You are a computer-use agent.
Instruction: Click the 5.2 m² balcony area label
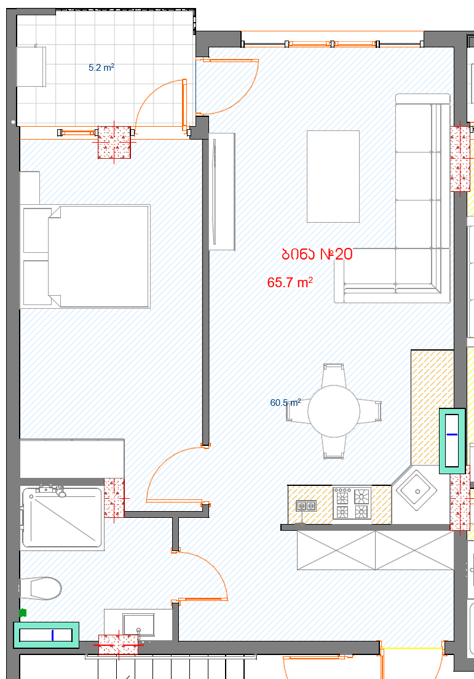point(101,68)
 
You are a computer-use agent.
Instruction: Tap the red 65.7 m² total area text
point(290,282)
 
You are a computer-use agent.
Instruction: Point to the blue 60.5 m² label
point(285,403)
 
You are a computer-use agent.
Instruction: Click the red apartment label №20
point(317,254)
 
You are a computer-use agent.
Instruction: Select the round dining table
point(334,411)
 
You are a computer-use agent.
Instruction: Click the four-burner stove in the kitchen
point(352,503)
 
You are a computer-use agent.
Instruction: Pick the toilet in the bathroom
point(40,588)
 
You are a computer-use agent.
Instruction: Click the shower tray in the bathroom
point(62,517)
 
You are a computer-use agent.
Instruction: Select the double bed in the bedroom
point(85,256)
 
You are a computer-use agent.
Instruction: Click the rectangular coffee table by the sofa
point(333,177)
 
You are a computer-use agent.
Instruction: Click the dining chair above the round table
point(334,375)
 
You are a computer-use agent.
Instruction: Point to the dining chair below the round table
point(334,447)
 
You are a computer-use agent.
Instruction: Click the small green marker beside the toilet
point(23,613)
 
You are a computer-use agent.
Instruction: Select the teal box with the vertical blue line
point(46,635)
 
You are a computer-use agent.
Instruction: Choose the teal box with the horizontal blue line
point(452,441)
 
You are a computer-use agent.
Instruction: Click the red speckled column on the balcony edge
point(114,143)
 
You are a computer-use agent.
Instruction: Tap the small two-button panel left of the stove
point(306,506)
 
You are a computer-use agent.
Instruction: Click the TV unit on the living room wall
point(222,191)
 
